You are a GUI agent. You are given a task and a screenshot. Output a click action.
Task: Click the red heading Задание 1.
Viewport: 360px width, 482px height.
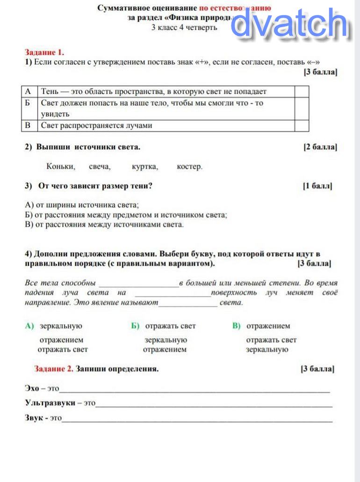[44, 52]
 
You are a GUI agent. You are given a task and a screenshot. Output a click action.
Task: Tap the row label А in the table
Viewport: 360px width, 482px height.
[29, 92]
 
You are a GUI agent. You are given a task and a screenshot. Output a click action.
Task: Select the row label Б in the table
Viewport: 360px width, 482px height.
[29, 103]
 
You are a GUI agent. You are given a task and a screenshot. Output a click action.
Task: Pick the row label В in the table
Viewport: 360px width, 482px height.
[29, 125]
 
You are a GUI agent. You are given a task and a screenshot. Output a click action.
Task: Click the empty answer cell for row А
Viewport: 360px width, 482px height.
[302, 92]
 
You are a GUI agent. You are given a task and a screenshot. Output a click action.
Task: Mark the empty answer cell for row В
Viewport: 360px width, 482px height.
[302, 125]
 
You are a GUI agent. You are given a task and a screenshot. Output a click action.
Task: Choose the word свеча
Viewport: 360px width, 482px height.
[99, 166]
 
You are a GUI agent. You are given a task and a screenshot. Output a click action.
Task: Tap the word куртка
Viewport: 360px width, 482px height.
[145, 166]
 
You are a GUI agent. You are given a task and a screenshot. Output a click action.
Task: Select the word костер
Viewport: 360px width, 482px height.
[190, 166]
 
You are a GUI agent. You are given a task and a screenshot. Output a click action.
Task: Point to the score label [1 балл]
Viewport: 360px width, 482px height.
[318, 186]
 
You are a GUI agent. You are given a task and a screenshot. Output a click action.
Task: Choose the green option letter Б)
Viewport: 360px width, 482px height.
[136, 326]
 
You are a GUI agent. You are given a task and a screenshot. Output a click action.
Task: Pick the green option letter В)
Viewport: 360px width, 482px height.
[236, 326]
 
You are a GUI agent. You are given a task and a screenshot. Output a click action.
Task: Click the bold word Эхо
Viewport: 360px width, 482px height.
[32, 388]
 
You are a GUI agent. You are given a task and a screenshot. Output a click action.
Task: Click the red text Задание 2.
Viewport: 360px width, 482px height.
[54, 369]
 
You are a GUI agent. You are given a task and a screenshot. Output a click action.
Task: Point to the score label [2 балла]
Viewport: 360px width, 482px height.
[320, 147]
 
